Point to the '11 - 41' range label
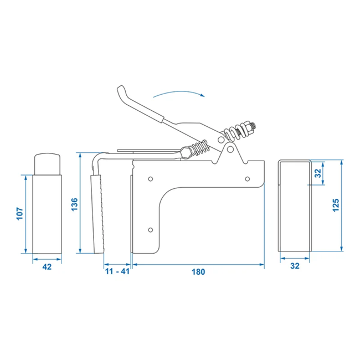pos(117,272)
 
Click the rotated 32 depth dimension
pos(317,172)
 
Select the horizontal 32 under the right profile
pos(294,266)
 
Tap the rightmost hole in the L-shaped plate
pos(248,178)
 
